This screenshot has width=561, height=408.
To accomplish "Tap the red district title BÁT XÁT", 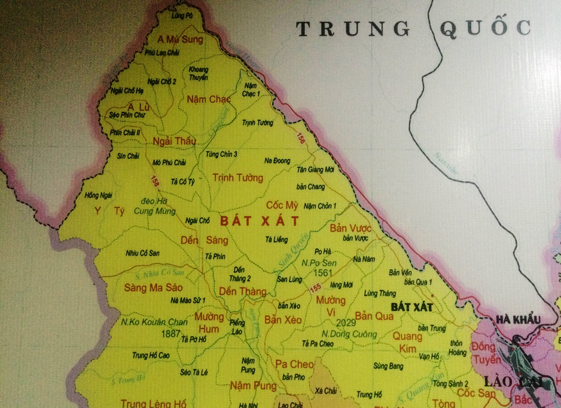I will tap(259, 221).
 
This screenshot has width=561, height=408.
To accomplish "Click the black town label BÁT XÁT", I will tap(412, 307).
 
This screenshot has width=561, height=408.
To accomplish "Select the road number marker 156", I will tap(300, 138).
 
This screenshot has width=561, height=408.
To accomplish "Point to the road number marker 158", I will tap(155, 181).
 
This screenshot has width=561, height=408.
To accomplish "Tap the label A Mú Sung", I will tap(180, 39).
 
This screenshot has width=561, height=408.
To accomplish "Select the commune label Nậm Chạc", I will tap(209, 99).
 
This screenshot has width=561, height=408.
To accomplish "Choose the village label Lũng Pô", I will tap(182, 16).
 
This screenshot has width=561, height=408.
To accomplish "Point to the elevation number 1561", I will tap(323, 273).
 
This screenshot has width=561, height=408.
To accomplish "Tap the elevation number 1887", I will tap(170, 334).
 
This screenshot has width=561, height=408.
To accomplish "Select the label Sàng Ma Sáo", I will tap(153, 287).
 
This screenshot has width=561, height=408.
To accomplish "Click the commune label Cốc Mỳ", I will tap(282, 205).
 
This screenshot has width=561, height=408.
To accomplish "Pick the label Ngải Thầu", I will tap(174, 141).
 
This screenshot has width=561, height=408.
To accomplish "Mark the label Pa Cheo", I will tap(294, 364).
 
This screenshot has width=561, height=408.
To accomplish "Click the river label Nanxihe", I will tap(446, 163).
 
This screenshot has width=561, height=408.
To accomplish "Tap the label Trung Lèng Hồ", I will tap(153, 404).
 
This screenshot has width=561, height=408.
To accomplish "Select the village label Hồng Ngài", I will tap(98, 195).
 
